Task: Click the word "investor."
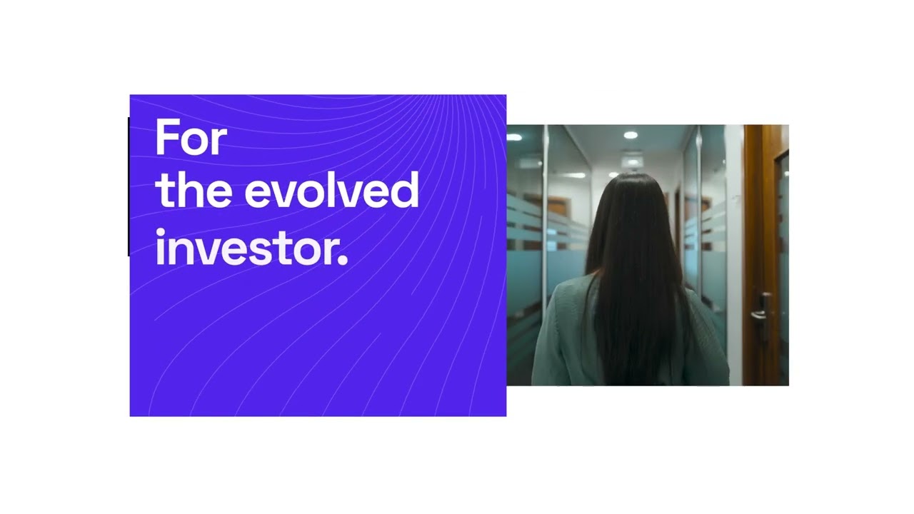[x=251, y=249]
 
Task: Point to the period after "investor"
[x=343, y=262]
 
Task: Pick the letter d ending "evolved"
[x=405, y=189]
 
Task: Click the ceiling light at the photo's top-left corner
[x=514, y=137]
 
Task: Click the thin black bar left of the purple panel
[x=129, y=186]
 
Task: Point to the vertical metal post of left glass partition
[x=546, y=214]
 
